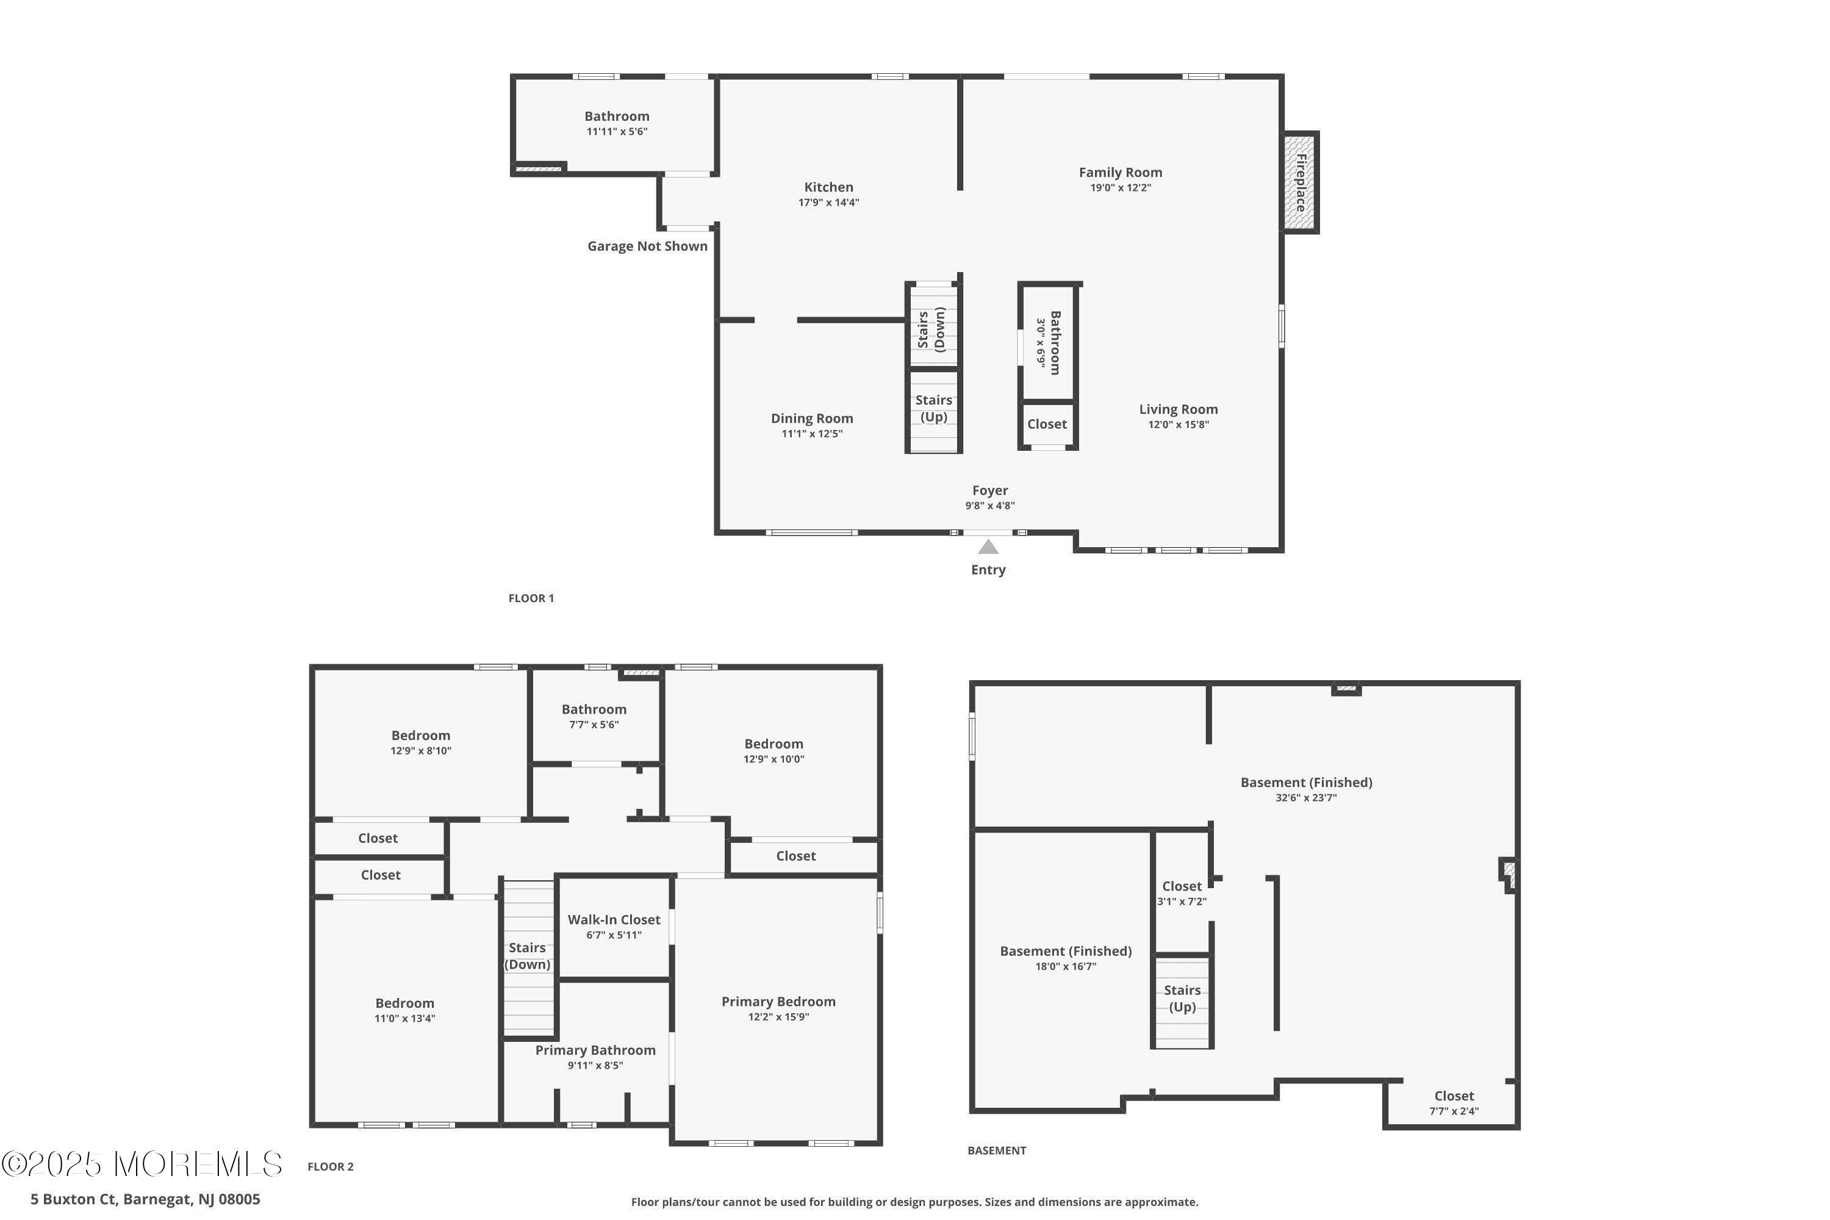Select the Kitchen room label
coord(828,187)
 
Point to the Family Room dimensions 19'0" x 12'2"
coord(1121,187)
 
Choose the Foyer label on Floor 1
coord(989,490)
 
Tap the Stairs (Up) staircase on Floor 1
coord(934,410)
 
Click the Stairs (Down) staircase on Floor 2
coord(528,957)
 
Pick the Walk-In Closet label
coord(614,919)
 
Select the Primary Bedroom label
coord(778,1002)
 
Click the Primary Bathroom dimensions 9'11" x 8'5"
coord(595,1065)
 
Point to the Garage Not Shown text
coord(647,246)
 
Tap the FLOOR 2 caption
coord(331,1166)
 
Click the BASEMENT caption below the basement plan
coord(997,1150)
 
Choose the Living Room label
coord(1179,409)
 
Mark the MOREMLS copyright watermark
coord(142,1164)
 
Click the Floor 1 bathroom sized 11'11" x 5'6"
coord(617,123)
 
